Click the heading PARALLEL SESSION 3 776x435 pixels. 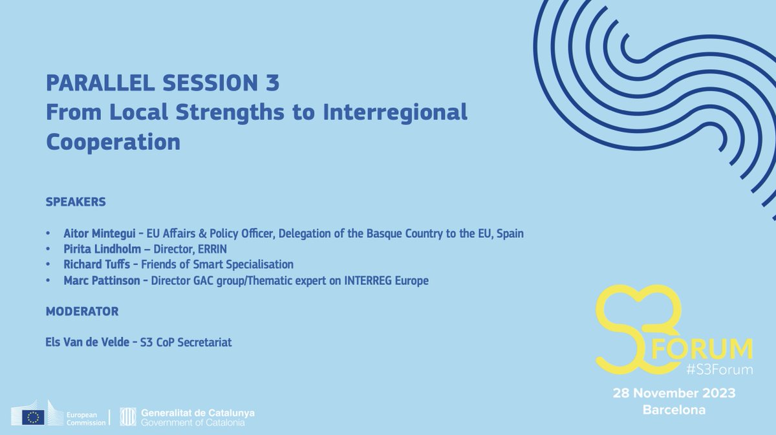tap(163, 83)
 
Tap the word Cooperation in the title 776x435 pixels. tap(113, 142)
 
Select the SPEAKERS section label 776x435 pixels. tap(76, 202)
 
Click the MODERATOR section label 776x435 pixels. tap(82, 312)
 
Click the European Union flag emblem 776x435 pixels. tap(33, 418)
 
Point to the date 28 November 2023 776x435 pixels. tap(674, 394)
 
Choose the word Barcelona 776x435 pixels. tap(674, 410)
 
